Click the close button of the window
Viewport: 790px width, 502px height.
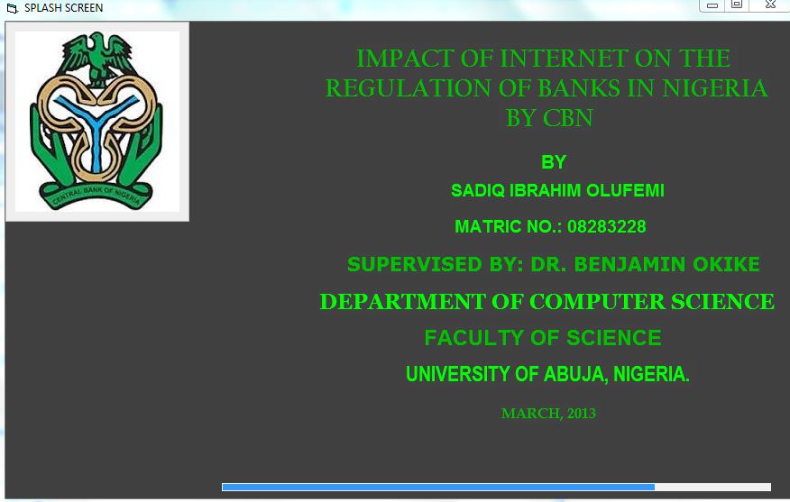pos(770,5)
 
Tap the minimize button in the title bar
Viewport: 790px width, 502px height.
pos(712,5)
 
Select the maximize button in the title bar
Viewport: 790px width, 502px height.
pos(737,5)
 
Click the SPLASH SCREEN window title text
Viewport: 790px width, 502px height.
pos(63,8)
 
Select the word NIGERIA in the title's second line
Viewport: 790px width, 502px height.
pos(715,88)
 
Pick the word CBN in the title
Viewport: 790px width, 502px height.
pos(568,118)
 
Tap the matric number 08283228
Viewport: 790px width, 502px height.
pos(607,226)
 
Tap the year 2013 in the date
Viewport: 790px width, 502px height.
pos(582,414)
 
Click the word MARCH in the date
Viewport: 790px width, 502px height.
pos(532,414)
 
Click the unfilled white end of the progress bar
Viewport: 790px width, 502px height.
pos(713,487)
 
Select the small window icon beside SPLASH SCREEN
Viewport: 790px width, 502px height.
pos(13,8)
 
